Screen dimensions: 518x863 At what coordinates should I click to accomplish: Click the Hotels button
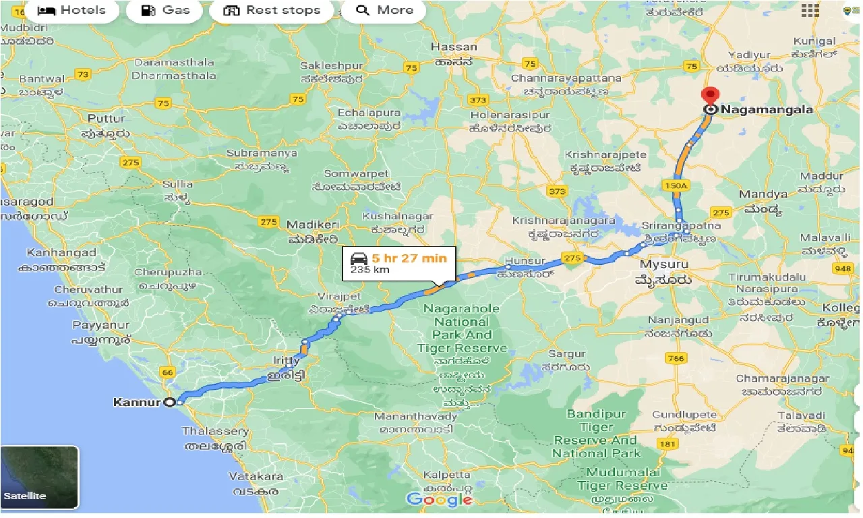coord(71,10)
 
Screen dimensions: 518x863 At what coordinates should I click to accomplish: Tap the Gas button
coord(166,10)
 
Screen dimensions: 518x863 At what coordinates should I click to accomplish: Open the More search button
coord(384,10)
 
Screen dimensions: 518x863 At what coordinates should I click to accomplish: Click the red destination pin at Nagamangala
coord(708,96)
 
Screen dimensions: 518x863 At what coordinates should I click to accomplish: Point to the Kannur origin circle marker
coord(171,403)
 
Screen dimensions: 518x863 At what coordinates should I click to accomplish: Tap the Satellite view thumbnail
coord(40,478)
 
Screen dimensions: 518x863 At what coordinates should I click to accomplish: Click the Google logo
coord(439,500)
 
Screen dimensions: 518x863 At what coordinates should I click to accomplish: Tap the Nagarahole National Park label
coord(462,328)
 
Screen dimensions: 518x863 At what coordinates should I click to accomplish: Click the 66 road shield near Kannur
coord(166,372)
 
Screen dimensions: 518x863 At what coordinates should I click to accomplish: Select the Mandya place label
coord(763,194)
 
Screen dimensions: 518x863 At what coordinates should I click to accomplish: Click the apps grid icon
coord(810,10)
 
